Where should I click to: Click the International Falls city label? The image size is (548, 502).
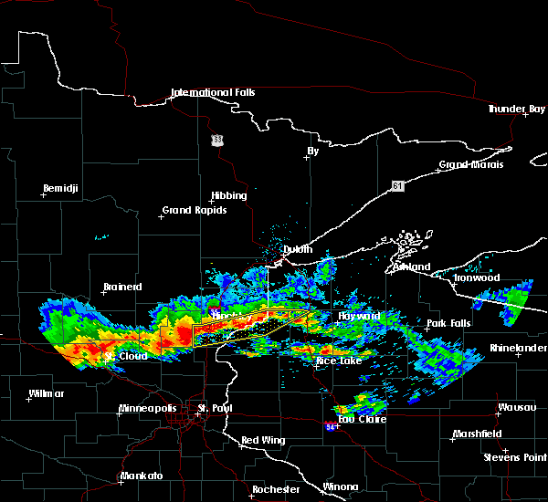pos(213,93)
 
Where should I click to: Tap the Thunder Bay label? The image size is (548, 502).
pos(515,109)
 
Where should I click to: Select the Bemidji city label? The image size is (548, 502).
pos(61,189)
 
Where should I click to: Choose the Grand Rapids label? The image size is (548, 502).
pos(194,210)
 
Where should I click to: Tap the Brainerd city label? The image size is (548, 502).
pos(121,287)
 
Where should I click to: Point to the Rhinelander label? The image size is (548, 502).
pos(518,348)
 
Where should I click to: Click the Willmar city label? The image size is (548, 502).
pos(46,393)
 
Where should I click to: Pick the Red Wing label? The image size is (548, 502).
pos(262,440)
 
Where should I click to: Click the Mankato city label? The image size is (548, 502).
pos(141,476)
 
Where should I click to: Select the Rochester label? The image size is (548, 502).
pos(276,489)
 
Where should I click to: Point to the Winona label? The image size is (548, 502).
pos(341,486)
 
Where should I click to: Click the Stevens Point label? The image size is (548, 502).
pos(515,455)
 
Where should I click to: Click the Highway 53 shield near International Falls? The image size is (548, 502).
pos(216,140)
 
